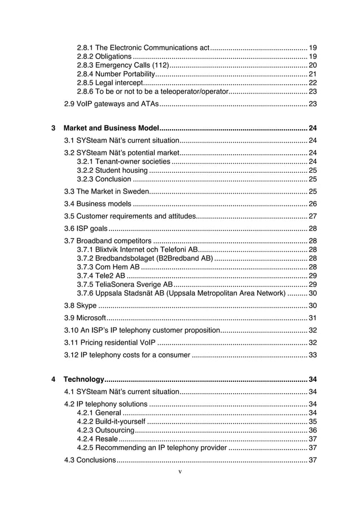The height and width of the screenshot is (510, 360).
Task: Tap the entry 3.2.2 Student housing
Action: pyautogui.click(x=112, y=171)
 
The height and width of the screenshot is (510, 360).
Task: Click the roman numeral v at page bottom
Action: pyautogui.click(x=179, y=471)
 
